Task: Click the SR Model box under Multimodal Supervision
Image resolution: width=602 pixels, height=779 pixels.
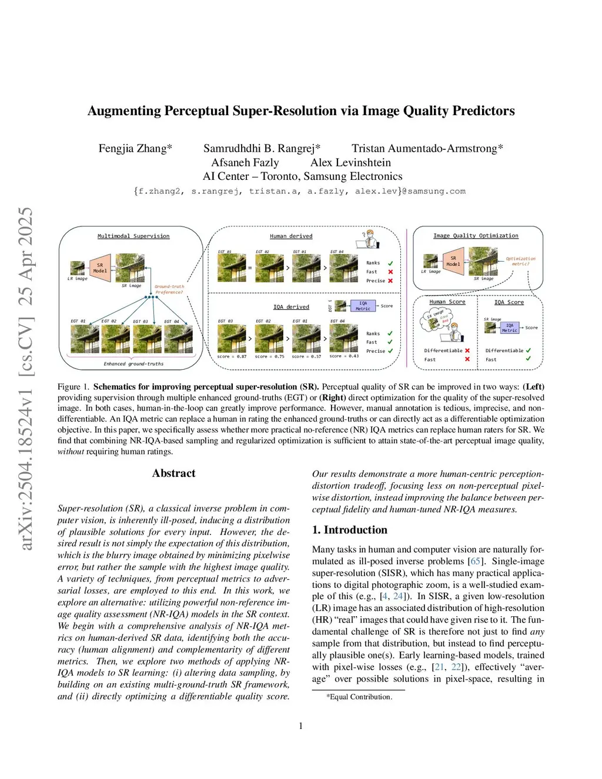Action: point(100,268)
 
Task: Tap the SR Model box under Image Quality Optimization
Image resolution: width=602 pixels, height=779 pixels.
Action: point(453,261)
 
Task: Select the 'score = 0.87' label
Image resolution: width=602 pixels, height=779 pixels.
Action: point(232,356)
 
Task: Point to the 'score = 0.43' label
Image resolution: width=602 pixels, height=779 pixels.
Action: point(344,356)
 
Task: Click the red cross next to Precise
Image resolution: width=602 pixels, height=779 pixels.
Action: point(390,281)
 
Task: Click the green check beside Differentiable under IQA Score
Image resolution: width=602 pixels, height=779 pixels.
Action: point(528,350)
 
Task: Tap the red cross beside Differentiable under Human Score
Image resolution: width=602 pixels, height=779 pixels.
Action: point(467,350)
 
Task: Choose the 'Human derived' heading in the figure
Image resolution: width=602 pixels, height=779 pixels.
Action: point(291,236)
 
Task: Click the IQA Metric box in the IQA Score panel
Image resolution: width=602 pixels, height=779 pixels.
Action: point(509,328)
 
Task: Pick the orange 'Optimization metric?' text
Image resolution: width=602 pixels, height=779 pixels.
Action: point(520,261)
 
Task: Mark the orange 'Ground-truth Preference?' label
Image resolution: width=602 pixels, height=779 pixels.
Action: point(169,289)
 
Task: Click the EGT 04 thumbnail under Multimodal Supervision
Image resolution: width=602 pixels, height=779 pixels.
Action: point(178,339)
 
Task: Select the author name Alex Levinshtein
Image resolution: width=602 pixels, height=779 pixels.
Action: point(350,163)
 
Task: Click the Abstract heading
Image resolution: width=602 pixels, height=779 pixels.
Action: point(173,473)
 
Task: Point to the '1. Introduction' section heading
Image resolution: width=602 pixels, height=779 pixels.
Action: point(349,530)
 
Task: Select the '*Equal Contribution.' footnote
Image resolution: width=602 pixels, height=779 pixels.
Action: point(359,697)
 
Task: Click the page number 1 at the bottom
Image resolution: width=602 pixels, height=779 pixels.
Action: point(301,726)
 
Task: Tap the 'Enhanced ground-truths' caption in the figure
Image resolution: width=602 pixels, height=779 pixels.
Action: point(133,364)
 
